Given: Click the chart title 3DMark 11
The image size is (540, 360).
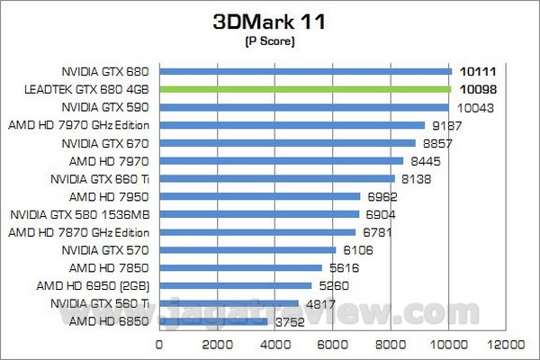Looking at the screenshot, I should (x=269, y=22).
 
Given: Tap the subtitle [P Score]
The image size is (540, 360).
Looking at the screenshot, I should (x=269, y=41).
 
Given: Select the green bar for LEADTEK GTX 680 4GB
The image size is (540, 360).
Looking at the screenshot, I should (x=305, y=89).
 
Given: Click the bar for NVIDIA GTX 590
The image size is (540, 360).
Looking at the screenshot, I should (x=304, y=107).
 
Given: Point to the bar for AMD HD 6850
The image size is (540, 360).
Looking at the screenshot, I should (x=213, y=320).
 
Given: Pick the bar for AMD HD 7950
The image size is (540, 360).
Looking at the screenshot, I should (x=260, y=196).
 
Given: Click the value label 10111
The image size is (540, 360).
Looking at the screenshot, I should (x=477, y=71).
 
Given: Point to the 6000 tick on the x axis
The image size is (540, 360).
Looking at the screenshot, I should (x=333, y=344).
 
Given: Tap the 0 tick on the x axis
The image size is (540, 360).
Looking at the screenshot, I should (x=160, y=344).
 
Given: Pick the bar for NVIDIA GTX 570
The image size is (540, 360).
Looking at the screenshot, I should (x=247, y=249).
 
